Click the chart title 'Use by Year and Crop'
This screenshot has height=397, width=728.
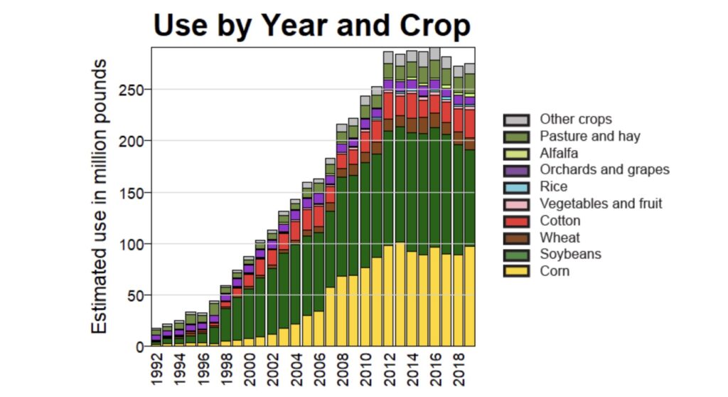click(x=312, y=26)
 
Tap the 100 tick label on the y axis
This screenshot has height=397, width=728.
click(x=134, y=244)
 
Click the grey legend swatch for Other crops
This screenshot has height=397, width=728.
click(x=516, y=120)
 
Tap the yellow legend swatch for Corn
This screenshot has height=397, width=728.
click(x=516, y=271)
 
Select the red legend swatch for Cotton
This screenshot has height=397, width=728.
click(x=516, y=221)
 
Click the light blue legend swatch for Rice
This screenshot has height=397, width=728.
click(x=516, y=187)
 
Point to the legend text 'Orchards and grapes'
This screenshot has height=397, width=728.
click(x=604, y=170)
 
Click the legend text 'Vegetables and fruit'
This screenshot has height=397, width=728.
click(x=601, y=203)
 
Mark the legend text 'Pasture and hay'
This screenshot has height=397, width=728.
click(x=589, y=136)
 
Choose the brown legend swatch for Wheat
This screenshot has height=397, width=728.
click(x=516, y=238)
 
